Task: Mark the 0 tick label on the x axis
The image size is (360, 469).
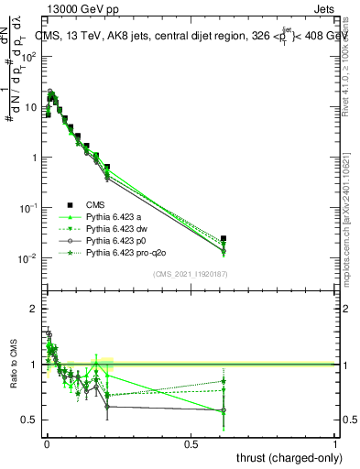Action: coord(46,444)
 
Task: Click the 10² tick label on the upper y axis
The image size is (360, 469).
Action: coord(29,56)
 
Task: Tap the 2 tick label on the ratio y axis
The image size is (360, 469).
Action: coord(34,310)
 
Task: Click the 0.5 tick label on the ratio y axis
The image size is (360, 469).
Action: coord(30,420)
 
